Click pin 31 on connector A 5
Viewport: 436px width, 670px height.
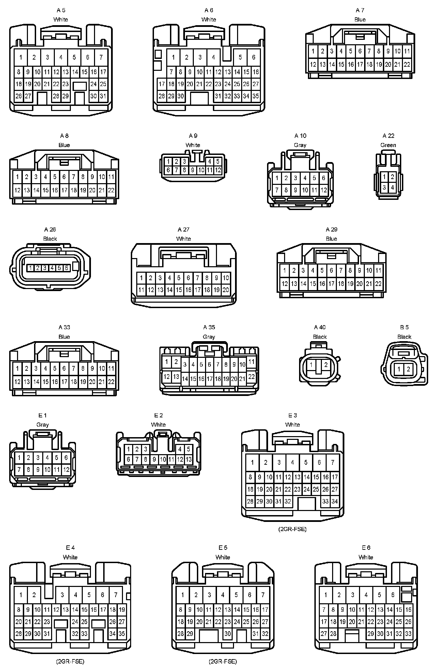click(103, 96)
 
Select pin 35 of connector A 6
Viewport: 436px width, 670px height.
click(255, 96)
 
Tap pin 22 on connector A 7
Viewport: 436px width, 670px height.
click(407, 64)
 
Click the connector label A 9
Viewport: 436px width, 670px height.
click(193, 136)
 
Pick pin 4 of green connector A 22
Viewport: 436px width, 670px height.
click(392, 187)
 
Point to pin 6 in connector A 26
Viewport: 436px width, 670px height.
click(66, 268)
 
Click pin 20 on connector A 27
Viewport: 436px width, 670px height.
click(225, 290)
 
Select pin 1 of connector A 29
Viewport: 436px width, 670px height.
click(284, 271)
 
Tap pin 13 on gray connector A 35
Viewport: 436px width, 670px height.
click(176, 377)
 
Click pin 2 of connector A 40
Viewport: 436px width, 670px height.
click(326, 365)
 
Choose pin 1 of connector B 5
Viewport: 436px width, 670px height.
click(399, 369)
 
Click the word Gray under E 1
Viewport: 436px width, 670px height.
click(43, 425)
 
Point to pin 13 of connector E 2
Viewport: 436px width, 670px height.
click(188, 459)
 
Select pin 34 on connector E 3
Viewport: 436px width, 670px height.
click(334, 501)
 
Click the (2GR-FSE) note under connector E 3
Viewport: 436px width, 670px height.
click(292, 529)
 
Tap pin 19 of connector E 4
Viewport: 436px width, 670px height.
click(122, 610)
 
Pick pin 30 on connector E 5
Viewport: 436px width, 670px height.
click(228, 634)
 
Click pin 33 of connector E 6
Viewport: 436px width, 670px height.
click(408, 634)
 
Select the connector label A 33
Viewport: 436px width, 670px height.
click(64, 328)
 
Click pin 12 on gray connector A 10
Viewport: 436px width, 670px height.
click(324, 190)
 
